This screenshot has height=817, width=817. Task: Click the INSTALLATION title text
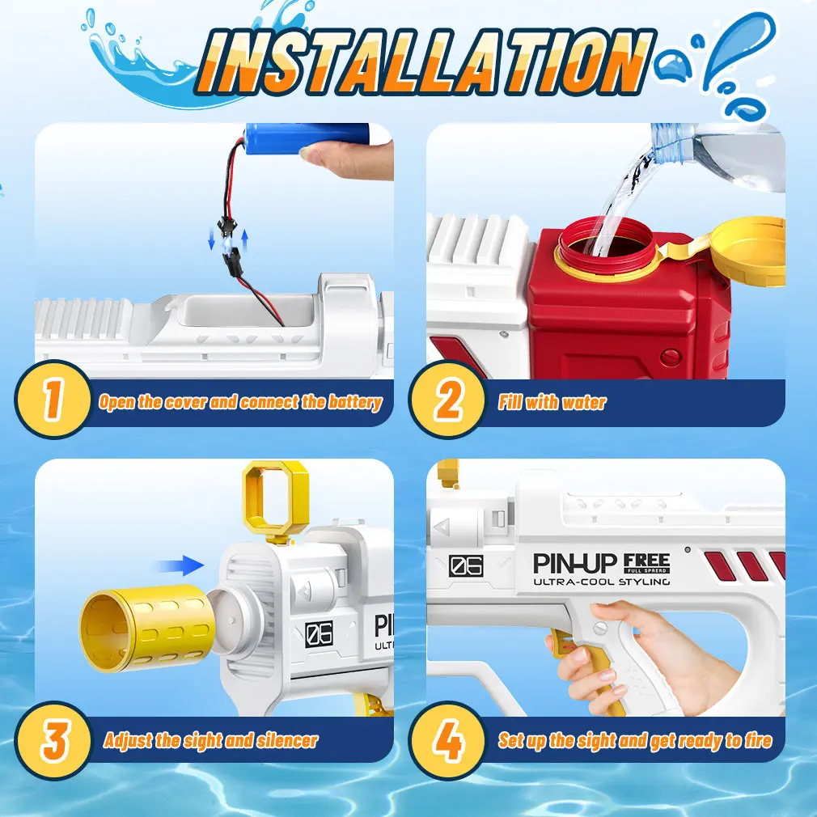[425, 61]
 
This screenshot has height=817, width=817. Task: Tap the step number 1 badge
[53, 399]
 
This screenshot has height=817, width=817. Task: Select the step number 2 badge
[447, 399]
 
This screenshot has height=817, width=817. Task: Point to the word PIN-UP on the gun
[575, 563]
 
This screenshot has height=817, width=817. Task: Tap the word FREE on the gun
[646, 561]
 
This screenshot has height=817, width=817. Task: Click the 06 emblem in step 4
[466, 566]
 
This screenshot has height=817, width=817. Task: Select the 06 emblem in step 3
[319, 634]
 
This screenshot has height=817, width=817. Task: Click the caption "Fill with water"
[552, 402]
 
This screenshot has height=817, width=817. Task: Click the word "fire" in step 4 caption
[758, 740]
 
